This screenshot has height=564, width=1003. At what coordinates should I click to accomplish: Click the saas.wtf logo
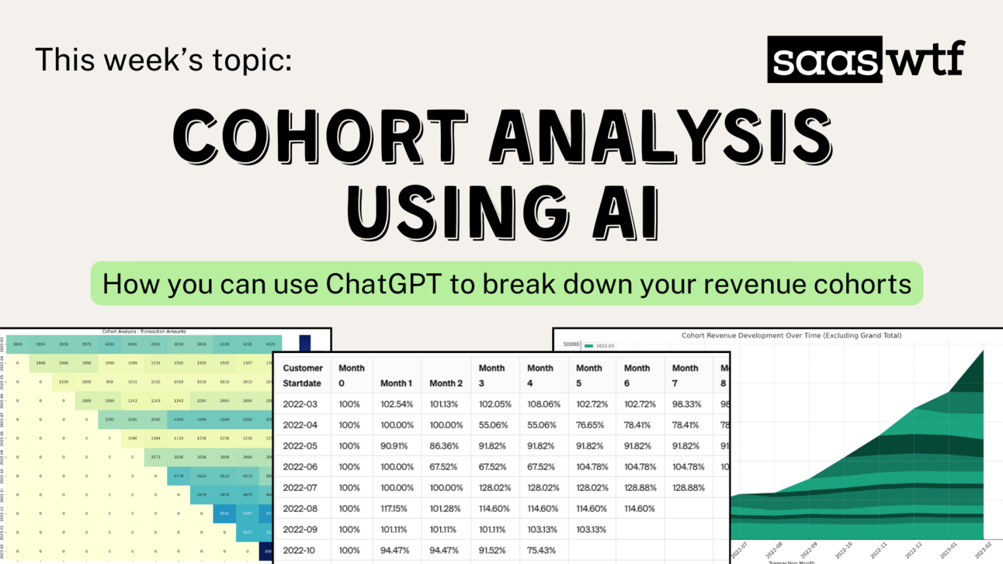click(866, 60)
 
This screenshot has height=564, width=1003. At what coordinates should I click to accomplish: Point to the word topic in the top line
click(248, 60)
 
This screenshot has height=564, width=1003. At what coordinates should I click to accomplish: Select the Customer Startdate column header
click(303, 375)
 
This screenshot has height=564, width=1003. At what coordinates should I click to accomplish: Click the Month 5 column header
click(588, 375)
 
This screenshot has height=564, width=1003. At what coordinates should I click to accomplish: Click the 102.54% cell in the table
click(397, 403)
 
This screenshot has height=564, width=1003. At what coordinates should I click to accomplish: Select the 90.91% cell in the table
click(397, 445)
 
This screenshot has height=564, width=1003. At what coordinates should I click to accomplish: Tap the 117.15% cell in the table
click(397, 508)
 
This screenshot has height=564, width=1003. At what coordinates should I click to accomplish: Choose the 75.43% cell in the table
click(541, 550)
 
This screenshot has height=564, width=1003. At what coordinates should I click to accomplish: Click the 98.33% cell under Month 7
click(685, 403)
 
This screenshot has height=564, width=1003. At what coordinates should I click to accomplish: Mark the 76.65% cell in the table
click(589, 424)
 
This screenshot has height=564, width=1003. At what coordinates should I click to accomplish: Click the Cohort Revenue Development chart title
click(791, 335)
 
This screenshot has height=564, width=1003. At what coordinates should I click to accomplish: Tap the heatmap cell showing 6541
click(224, 513)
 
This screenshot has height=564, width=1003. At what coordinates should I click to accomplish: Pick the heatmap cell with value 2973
click(155, 456)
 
